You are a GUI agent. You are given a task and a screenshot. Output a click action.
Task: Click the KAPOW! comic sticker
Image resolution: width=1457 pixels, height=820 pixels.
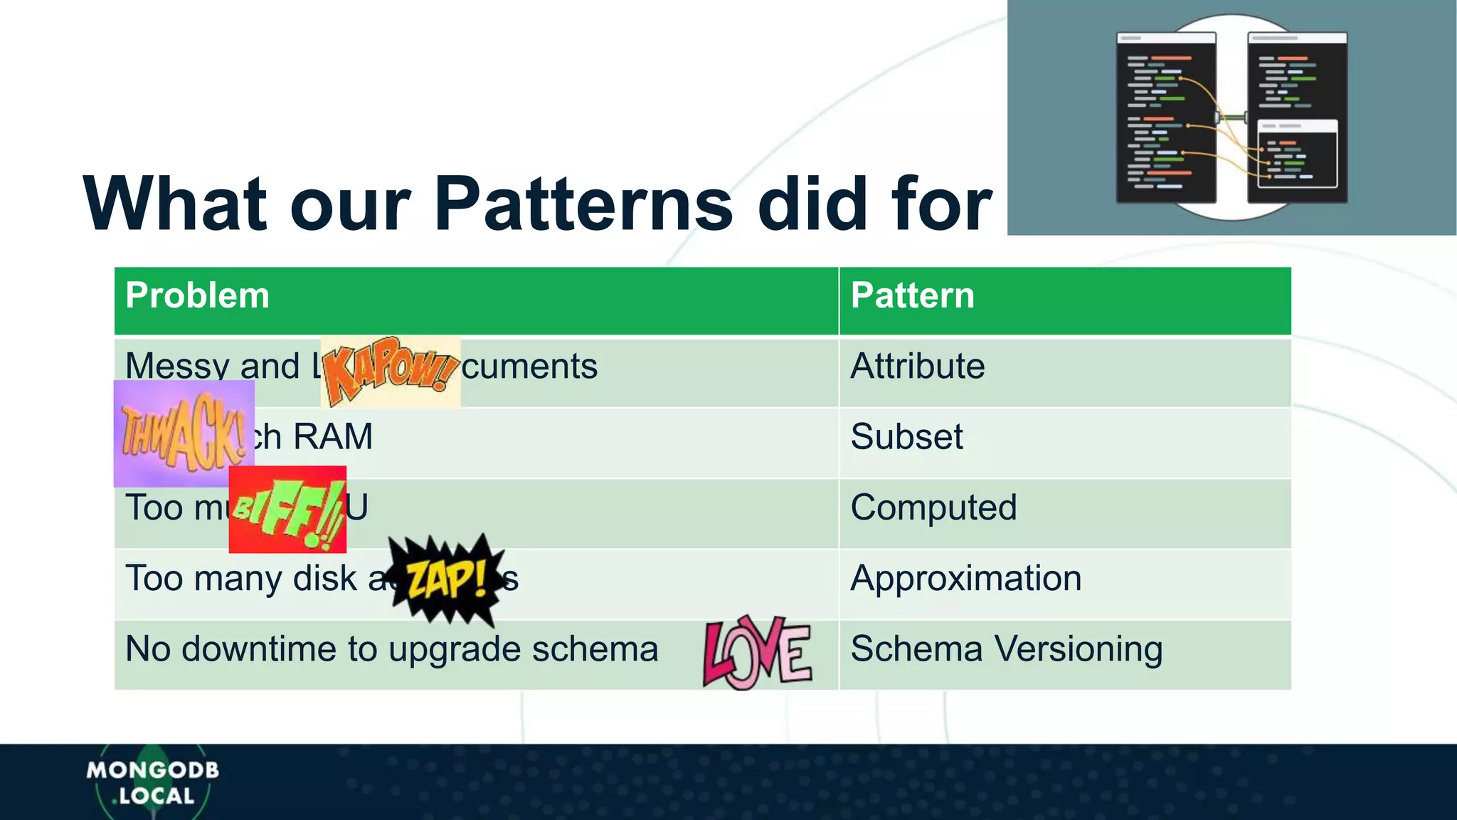coord(390,371)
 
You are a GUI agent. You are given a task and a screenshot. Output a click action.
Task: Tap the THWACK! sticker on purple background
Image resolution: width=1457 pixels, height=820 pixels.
coord(184,433)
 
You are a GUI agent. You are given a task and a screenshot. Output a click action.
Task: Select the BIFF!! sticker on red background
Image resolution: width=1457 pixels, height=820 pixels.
coord(287,510)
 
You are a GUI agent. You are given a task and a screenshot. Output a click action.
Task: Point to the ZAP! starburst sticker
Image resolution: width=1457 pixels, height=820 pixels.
coord(447,578)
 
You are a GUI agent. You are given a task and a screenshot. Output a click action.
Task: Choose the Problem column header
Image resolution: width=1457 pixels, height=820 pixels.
coord(198,295)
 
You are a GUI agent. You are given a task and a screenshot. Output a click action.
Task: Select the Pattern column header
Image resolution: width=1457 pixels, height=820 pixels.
coord(912,295)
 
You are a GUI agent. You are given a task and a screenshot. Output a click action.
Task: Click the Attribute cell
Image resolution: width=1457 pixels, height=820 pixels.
coord(918,367)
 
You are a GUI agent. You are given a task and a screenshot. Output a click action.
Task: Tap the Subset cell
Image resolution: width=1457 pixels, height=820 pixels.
coord(906,436)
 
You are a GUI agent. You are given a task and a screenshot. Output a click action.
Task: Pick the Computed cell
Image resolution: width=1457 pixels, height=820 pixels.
coord(933,508)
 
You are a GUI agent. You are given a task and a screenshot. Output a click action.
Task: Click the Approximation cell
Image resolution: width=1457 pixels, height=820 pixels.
coord(965,578)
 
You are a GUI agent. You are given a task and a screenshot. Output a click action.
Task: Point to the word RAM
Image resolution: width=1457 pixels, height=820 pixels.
coord(333,436)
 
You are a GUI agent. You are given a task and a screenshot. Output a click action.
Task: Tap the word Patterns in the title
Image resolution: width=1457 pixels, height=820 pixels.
coord(583,204)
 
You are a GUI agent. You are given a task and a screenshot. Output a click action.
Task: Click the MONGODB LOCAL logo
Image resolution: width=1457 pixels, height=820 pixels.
coord(152,782)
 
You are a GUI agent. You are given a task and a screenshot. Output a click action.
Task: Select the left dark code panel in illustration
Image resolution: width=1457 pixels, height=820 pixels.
coord(1165,117)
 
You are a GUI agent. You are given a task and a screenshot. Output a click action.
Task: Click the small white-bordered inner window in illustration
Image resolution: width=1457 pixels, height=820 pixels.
coord(1297,154)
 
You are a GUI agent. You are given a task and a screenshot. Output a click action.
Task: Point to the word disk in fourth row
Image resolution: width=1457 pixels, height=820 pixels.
coord(325,578)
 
